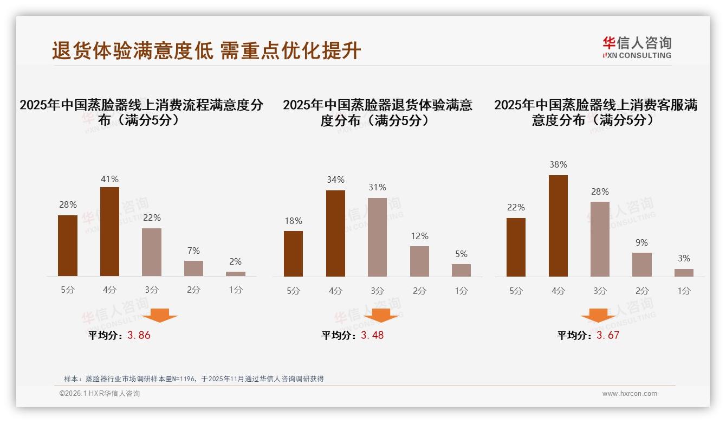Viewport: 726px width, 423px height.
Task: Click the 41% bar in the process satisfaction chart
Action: [x=109, y=232]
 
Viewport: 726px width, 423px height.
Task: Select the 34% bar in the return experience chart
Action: [x=335, y=233]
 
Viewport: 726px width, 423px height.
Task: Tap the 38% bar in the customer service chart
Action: [x=558, y=226]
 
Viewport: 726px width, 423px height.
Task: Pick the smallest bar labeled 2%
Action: [x=235, y=274]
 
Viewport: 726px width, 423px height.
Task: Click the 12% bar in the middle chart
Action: [x=419, y=261]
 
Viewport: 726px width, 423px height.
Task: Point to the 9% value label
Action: [x=641, y=242]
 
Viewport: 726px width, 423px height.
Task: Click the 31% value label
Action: [x=377, y=187]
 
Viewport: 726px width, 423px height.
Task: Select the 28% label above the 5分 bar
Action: [x=68, y=204]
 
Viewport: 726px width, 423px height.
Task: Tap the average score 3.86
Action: [x=139, y=335]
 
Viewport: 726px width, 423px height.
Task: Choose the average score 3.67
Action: [x=607, y=335]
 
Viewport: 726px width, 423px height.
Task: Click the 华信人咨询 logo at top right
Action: [x=637, y=47]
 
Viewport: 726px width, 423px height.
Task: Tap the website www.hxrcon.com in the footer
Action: [x=630, y=394]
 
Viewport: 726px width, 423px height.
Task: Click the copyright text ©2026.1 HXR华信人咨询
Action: [x=100, y=394]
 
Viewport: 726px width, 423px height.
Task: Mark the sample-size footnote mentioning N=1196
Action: [x=193, y=379]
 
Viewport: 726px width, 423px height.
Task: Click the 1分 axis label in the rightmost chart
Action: [x=684, y=291]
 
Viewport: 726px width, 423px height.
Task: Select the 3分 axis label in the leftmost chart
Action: [x=152, y=290]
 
